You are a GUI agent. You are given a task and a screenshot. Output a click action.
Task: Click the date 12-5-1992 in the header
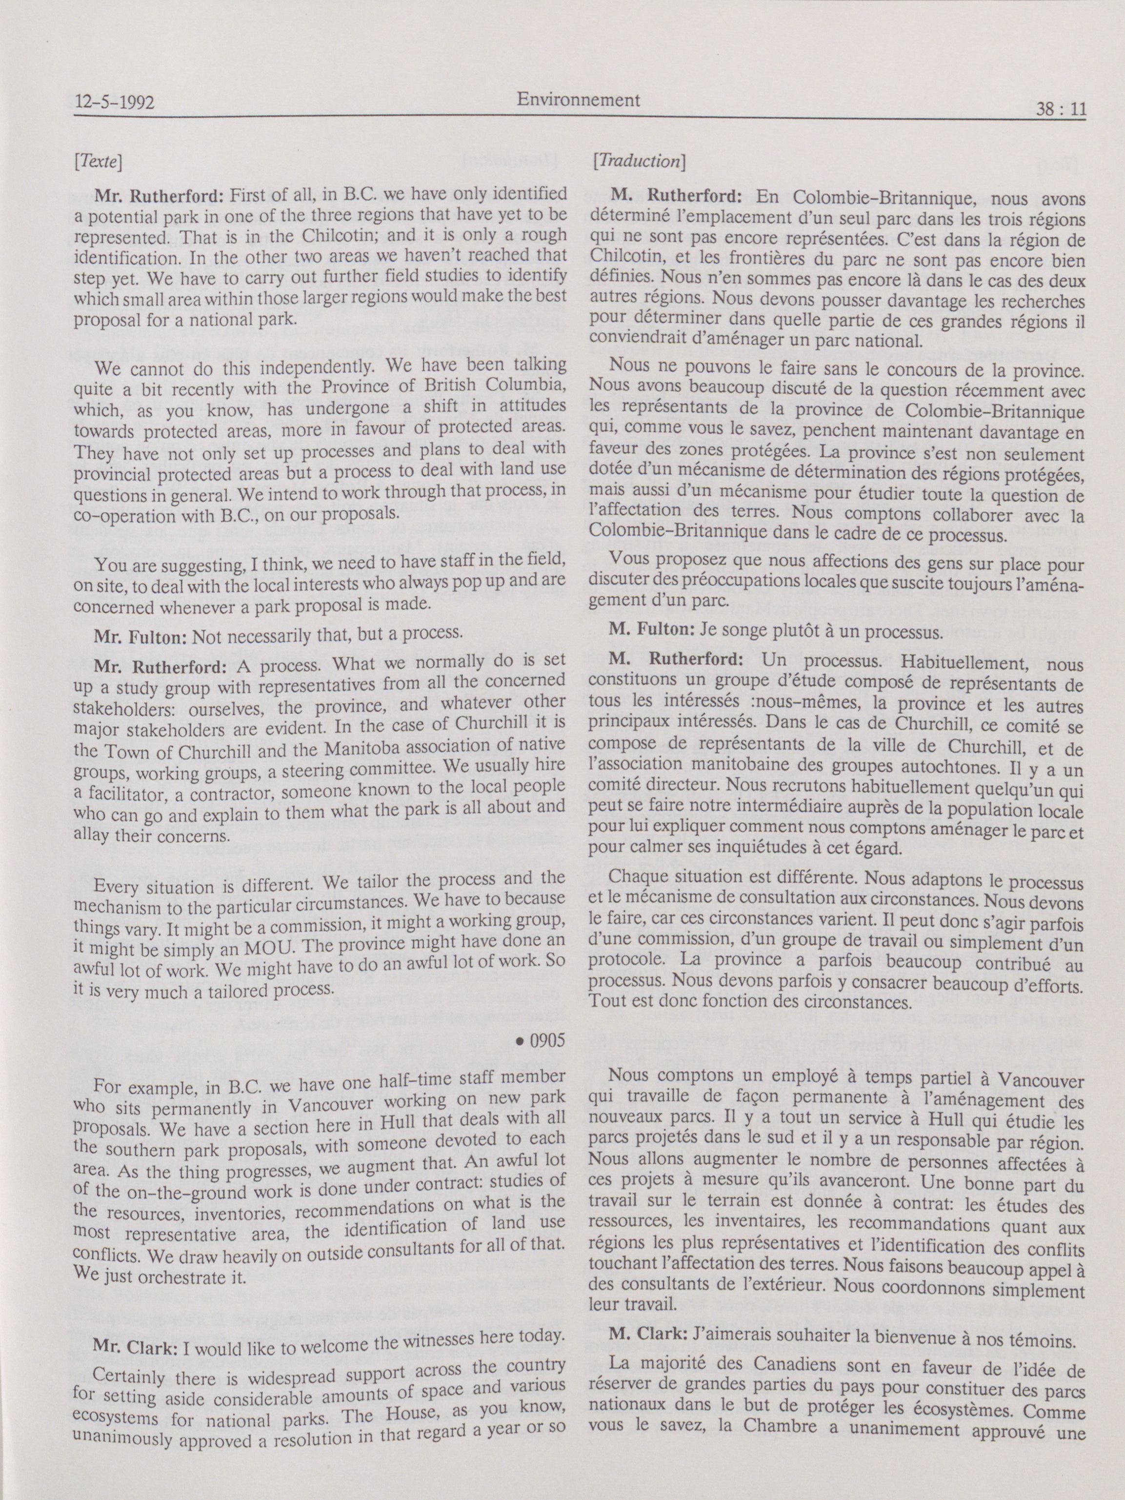(115, 103)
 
